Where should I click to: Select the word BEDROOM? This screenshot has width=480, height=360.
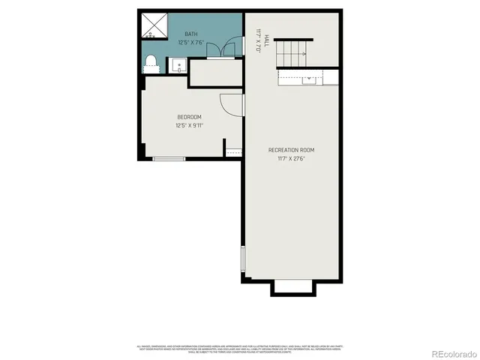pos(189,117)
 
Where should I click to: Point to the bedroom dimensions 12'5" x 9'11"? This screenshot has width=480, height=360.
pos(189,125)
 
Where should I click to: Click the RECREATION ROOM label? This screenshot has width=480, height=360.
pos(291,150)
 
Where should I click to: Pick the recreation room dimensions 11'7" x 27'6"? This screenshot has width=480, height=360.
pos(291,158)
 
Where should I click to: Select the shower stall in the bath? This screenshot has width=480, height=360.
pos(154,25)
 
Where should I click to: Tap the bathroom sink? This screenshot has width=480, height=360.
pos(180,66)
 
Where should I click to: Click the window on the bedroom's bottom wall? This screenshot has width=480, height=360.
pos(169,158)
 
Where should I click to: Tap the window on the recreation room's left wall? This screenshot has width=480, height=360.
pos(242,259)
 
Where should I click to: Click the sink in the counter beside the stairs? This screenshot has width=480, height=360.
pos(308,78)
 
